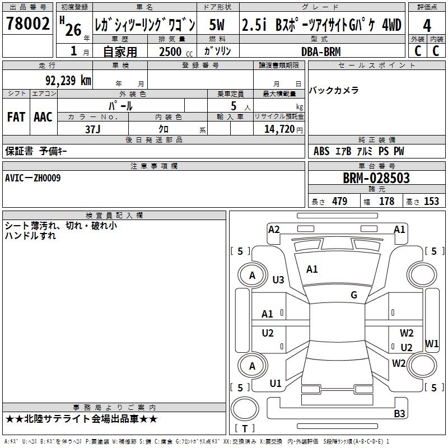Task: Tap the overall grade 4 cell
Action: pos(427,26)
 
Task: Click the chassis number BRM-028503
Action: pos(376,178)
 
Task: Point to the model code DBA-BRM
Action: pos(320,51)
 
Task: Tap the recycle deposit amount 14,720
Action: pos(278,129)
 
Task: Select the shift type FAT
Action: pos(16,117)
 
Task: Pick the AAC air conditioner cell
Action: pos(43,117)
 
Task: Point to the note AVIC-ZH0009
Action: pos(33,178)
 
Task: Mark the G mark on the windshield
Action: pos(353,295)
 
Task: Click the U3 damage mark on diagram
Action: pos(278,279)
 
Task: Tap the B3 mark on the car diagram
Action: pos(399,414)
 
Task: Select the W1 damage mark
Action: pos(432,343)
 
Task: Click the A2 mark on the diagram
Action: pos(274,229)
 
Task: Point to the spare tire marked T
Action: pos(245,429)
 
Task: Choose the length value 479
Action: pos(339,202)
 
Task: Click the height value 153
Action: pos(431,202)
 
